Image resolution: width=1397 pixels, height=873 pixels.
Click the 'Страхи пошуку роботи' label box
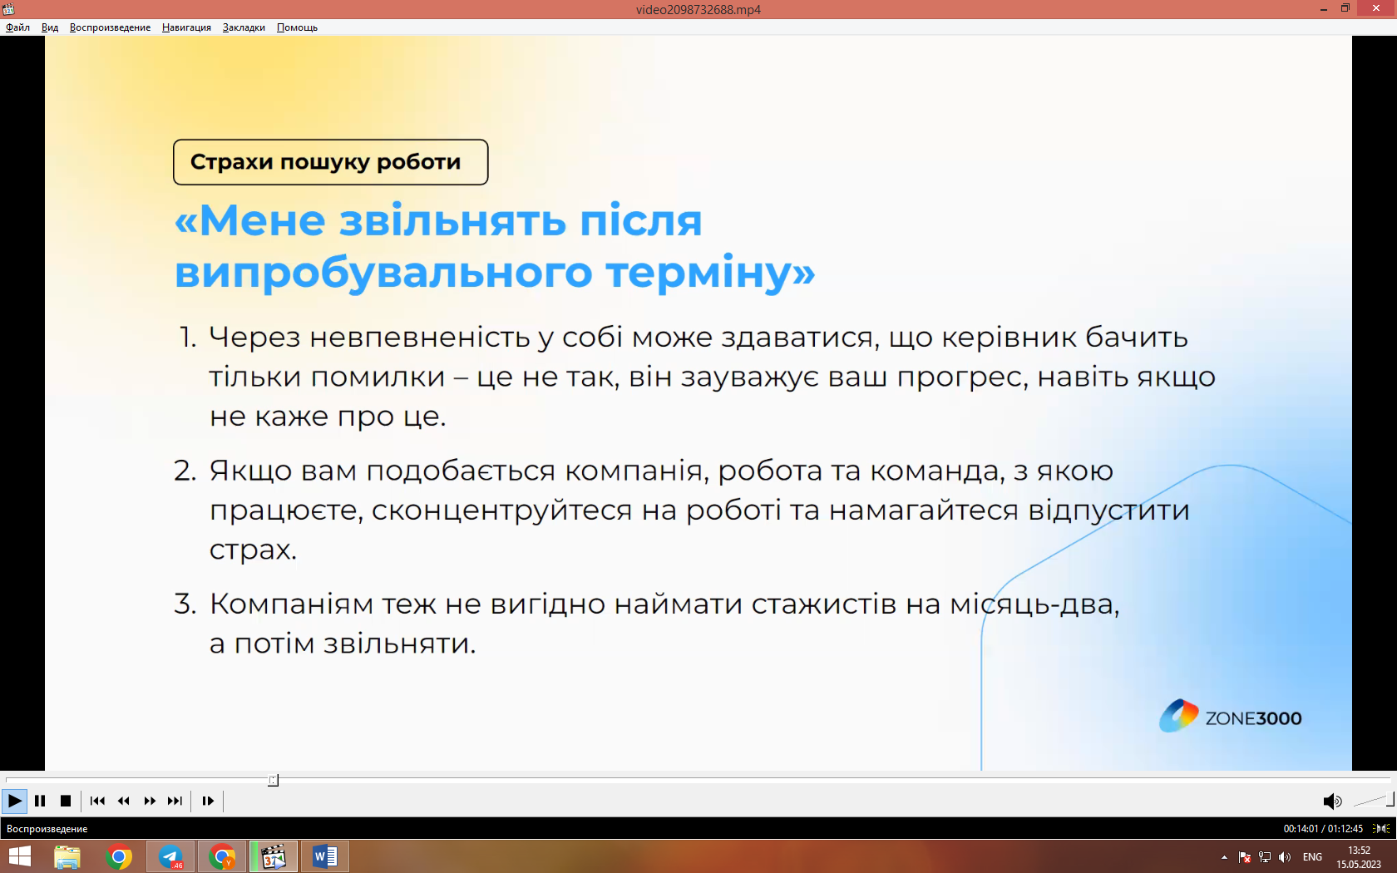(x=331, y=162)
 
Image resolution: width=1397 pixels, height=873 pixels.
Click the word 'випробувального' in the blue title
(x=383, y=273)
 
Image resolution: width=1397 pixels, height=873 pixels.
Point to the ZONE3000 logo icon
(x=1178, y=717)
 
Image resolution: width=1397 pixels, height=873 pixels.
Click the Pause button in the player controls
(x=40, y=801)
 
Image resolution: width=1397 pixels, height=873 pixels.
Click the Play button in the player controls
(x=13, y=801)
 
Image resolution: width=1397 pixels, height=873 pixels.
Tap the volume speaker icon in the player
(x=1331, y=801)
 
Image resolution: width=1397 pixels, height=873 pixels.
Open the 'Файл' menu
(x=18, y=27)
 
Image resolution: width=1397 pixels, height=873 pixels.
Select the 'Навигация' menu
(x=186, y=27)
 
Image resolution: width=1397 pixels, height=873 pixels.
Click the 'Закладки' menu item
(x=244, y=27)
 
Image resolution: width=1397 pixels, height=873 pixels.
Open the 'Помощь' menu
(x=297, y=27)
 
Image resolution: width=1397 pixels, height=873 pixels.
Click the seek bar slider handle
(x=273, y=780)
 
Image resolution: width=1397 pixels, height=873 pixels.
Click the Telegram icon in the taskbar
(x=170, y=856)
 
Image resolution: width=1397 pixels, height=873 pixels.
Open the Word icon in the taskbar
(x=325, y=856)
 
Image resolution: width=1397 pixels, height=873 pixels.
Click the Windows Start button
(x=19, y=856)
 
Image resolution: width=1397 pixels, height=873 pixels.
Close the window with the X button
(x=1375, y=8)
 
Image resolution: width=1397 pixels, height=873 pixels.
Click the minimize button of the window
(x=1324, y=8)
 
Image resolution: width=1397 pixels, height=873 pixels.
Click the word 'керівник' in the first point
(x=1009, y=338)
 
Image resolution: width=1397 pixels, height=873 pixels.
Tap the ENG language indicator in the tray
(x=1312, y=856)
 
